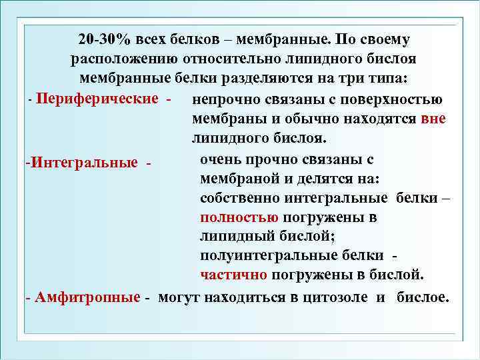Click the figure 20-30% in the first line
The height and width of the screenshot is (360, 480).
pos(105,39)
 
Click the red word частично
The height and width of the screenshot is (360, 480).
pos(233,275)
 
